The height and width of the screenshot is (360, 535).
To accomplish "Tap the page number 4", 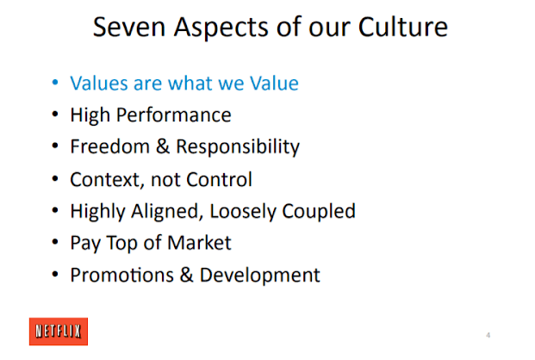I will pyautogui.click(x=488, y=334).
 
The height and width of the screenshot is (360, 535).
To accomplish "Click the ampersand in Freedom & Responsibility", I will pyautogui.click(x=161, y=146).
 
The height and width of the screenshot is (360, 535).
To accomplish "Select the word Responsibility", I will pyautogui.click(x=238, y=147).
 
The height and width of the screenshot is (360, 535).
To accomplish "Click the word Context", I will pyautogui.click(x=103, y=179).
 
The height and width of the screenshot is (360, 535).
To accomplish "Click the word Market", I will pyautogui.click(x=200, y=243).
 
